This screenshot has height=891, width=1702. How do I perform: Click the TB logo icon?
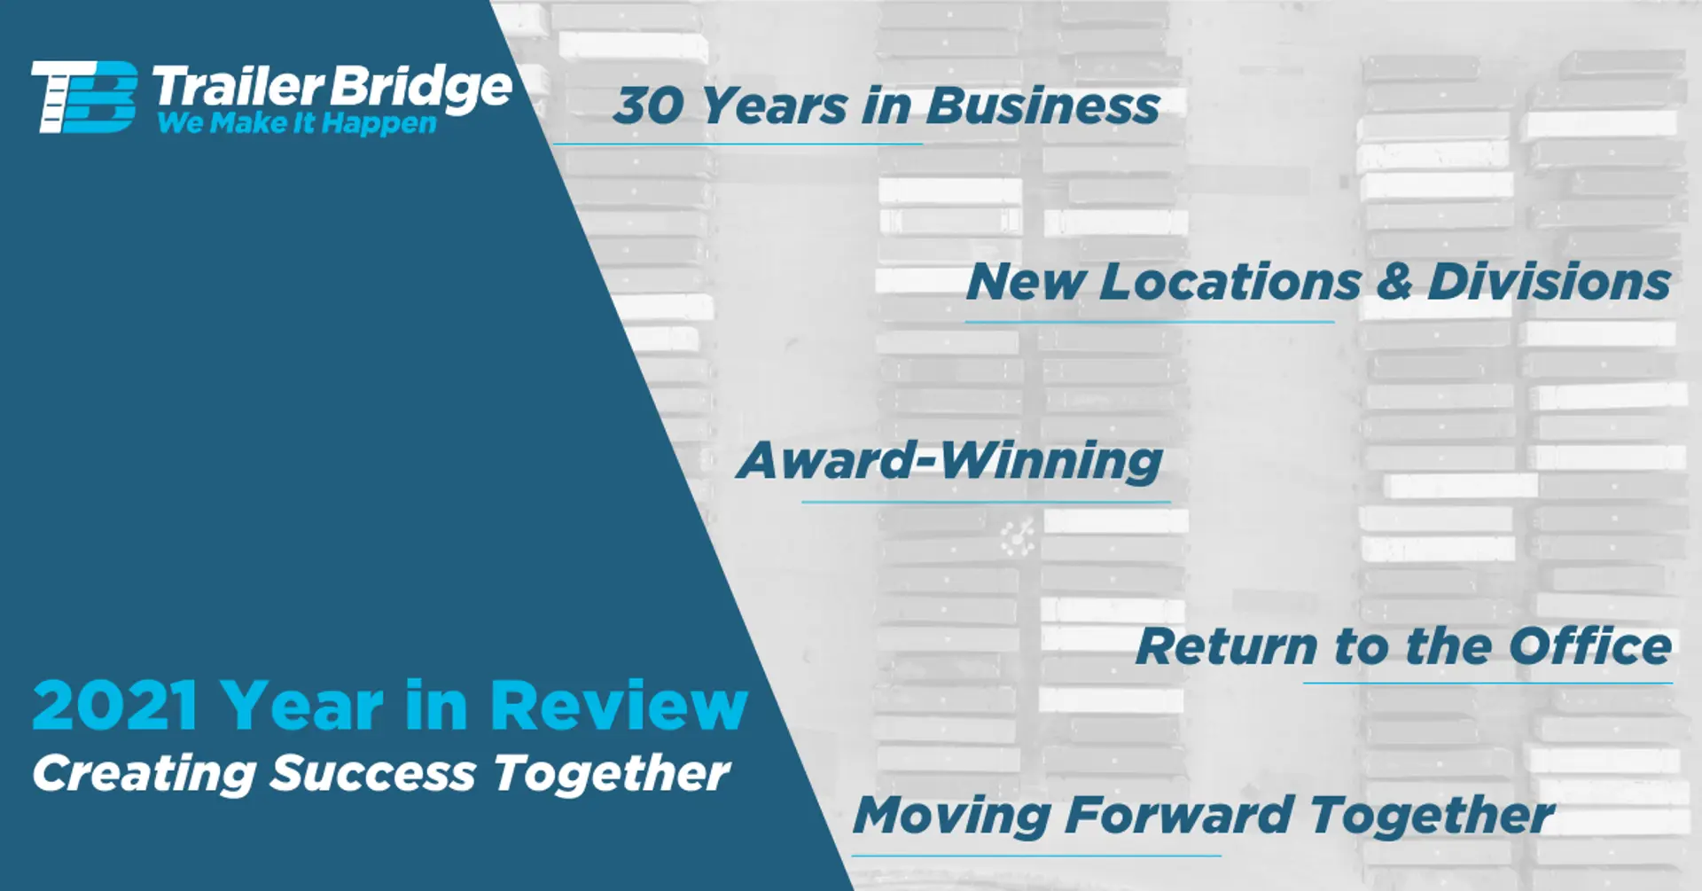tap(84, 97)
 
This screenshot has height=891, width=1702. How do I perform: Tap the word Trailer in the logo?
tap(238, 87)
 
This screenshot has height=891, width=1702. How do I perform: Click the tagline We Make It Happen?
tap(297, 123)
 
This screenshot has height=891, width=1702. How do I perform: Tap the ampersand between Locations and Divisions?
tap(1394, 281)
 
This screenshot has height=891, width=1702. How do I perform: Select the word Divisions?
tap(1550, 281)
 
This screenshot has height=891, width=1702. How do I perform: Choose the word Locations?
tap(1230, 282)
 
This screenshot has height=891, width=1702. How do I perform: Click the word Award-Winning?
tap(949, 460)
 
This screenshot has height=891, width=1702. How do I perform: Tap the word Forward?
tap(1179, 815)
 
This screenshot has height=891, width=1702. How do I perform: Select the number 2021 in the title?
tap(115, 706)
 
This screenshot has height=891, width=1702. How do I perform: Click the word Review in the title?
tap(619, 706)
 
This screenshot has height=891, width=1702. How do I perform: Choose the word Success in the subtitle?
tap(372, 773)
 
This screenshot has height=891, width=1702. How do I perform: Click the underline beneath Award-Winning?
tap(986, 503)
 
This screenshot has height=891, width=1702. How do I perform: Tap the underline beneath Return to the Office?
tap(1487, 683)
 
